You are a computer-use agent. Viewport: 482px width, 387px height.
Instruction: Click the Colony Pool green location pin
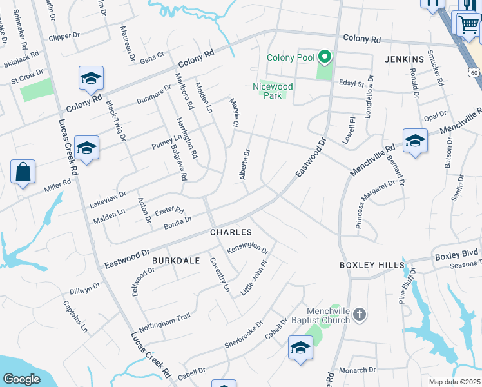click(325, 58)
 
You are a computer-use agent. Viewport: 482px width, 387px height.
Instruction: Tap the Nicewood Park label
click(273, 91)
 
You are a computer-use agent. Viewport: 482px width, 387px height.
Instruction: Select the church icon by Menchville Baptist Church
click(360, 315)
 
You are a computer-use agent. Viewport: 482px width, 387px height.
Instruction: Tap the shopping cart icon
click(468, 25)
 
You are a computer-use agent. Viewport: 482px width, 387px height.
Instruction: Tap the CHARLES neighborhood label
click(229, 232)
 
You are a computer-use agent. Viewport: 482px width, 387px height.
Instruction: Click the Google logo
click(22, 379)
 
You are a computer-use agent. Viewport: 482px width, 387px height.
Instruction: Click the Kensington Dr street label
click(247, 247)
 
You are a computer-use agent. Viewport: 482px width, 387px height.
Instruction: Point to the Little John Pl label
click(253, 278)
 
